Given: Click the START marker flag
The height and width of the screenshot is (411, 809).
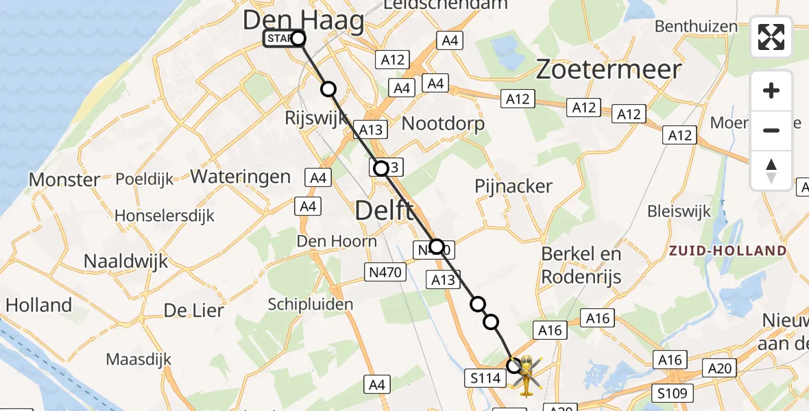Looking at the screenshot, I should [280, 39].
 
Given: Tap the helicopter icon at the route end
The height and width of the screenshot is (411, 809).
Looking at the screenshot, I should [526, 375].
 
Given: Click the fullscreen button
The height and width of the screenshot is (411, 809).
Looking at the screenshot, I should [771, 37].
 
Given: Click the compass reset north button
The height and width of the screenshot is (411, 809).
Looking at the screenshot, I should [771, 171].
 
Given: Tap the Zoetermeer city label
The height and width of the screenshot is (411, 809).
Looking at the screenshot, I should [609, 70].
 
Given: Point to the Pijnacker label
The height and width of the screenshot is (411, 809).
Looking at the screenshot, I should [514, 186].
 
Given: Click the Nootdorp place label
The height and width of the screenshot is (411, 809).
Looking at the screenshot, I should [443, 123].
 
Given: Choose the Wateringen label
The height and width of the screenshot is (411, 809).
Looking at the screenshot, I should [241, 176].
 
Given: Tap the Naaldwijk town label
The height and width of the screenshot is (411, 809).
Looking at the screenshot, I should [125, 261].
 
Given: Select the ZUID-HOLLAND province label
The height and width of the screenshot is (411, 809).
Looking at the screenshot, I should [727, 251].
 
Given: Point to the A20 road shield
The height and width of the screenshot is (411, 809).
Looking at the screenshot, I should [720, 369].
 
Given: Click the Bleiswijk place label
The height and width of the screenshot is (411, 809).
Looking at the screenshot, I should [679, 212].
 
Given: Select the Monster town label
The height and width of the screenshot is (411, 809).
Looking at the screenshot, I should [64, 180].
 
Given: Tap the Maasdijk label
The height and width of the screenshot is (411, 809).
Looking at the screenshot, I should [138, 359].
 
